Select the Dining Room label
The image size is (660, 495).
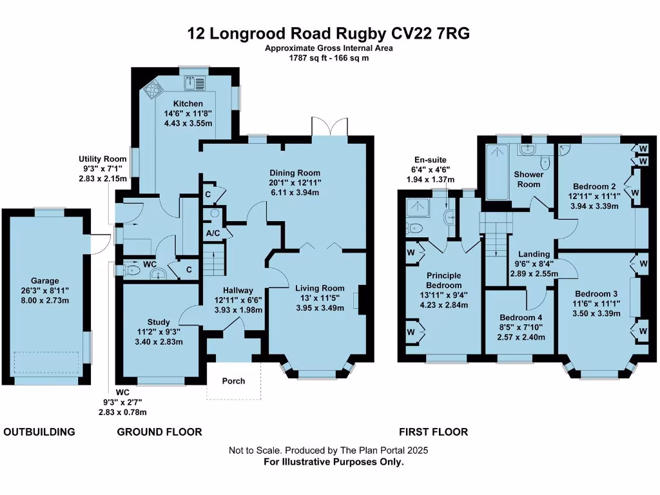pyautogui.click(x=295, y=173)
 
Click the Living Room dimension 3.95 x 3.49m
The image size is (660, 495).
pyautogui.click(x=320, y=308)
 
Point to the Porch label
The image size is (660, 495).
pyautogui.click(x=233, y=381)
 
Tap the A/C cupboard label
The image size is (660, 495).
pyautogui.click(x=211, y=233)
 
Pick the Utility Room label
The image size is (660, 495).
pyautogui.click(x=99, y=159)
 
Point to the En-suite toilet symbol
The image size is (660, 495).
pyautogui.click(x=415, y=227)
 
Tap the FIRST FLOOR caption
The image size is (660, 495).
pyautogui.click(x=433, y=432)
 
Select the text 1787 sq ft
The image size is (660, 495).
pyautogui.click(x=306, y=57)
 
